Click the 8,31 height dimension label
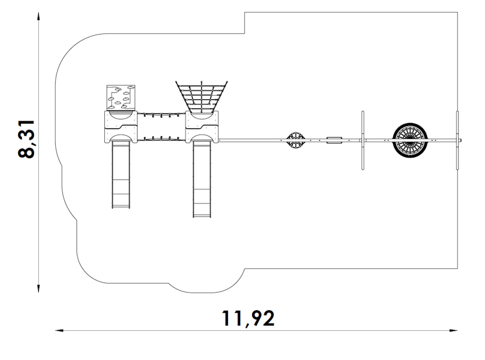pyautogui.click(x=26, y=139)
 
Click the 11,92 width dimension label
pyautogui.click(x=248, y=318)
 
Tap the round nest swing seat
pyautogui.click(x=410, y=140)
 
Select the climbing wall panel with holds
pyautogui.click(x=121, y=98)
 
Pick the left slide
pyautogui.click(x=121, y=174)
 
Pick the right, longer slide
pyautogui.click(x=202, y=179)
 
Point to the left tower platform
pyautogui.click(x=121, y=127)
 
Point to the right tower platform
pyautogui.click(x=202, y=127)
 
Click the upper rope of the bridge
pyautogui.click(x=161, y=115)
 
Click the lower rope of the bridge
pyautogui.click(x=161, y=138)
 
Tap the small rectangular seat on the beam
pyautogui.click(x=335, y=140)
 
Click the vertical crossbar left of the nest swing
pyautogui.click(x=363, y=141)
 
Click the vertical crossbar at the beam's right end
pyautogui.click(x=458, y=141)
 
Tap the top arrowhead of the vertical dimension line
pyautogui.click(x=38, y=16)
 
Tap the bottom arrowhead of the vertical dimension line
pyautogui.click(x=38, y=288)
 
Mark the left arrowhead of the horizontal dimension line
pyautogui.click(x=59, y=331)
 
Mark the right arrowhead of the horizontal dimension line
pyautogui.click(x=453, y=331)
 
